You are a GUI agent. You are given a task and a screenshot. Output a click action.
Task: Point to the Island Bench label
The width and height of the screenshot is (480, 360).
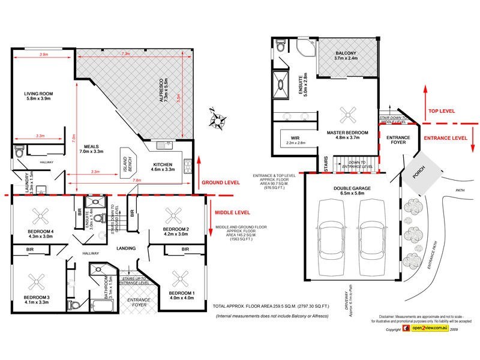127,161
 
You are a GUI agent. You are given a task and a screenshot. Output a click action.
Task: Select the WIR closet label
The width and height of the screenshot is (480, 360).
286,139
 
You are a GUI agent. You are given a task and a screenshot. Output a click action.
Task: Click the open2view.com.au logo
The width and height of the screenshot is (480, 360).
427,329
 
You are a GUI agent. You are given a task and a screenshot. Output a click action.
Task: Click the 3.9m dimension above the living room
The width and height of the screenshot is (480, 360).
43,55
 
